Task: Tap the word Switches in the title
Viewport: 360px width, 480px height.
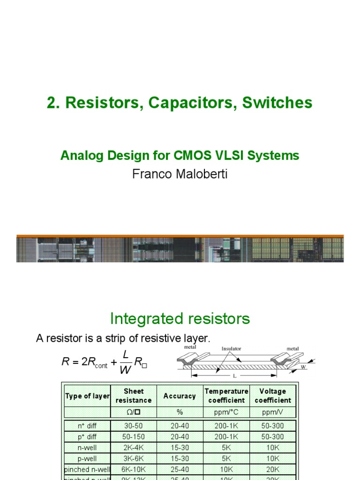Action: click(x=277, y=103)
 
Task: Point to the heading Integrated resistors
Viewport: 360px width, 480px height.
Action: click(x=180, y=319)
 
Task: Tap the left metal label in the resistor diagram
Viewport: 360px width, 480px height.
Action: click(x=190, y=347)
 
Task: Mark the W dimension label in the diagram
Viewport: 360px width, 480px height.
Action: click(x=303, y=367)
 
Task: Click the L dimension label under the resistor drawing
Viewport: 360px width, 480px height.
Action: click(x=234, y=376)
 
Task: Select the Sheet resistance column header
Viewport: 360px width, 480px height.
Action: click(x=134, y=396)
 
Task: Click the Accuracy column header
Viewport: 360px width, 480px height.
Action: click(x=180, y=396)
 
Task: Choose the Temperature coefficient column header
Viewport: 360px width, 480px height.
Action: click(x=226, y=396)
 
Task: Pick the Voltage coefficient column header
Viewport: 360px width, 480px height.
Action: click(x=273, y=396)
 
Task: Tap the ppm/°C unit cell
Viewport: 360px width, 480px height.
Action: click(x=226, y=412)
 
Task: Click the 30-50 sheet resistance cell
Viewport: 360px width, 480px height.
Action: click(x=134, y=426)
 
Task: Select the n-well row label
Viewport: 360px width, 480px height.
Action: click(x=88, y=448)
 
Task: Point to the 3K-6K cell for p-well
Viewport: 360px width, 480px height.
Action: click(x=134, y=458)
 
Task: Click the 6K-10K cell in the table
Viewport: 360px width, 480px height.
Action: click(x=134, y=469)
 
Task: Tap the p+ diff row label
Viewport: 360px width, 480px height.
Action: click(x=88, y=437)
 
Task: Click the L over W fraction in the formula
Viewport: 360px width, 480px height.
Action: click(x=125, y=362)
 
